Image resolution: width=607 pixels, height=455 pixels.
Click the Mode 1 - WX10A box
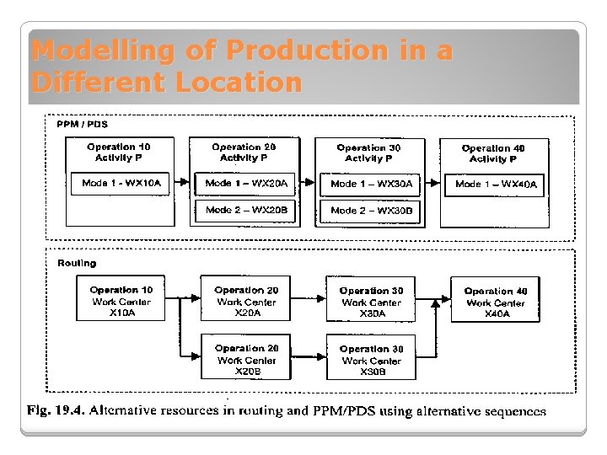point(122,184)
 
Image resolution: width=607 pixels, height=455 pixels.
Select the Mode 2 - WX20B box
point(247,210)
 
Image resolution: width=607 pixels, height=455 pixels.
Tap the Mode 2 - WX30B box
point(372,211)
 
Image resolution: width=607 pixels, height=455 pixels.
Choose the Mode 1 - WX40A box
point(496,184)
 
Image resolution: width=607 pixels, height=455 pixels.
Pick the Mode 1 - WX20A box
point(247,184)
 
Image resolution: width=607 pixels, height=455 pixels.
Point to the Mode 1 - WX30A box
point(372,184)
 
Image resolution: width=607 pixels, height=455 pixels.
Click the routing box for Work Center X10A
point(121,301)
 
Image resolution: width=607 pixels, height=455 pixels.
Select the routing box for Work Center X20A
point(246,301)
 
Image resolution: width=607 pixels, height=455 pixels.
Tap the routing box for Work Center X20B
point(246,360)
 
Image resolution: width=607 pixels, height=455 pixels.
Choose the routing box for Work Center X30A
point(372,302)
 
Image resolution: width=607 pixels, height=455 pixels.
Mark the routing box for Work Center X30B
point(372,360)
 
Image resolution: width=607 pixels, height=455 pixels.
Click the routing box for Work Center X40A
point(496,302)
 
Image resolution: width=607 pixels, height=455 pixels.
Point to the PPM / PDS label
point(82,124)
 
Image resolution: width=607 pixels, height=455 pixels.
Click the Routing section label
point(77,264)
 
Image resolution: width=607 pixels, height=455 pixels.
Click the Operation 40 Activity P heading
point(493,153)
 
